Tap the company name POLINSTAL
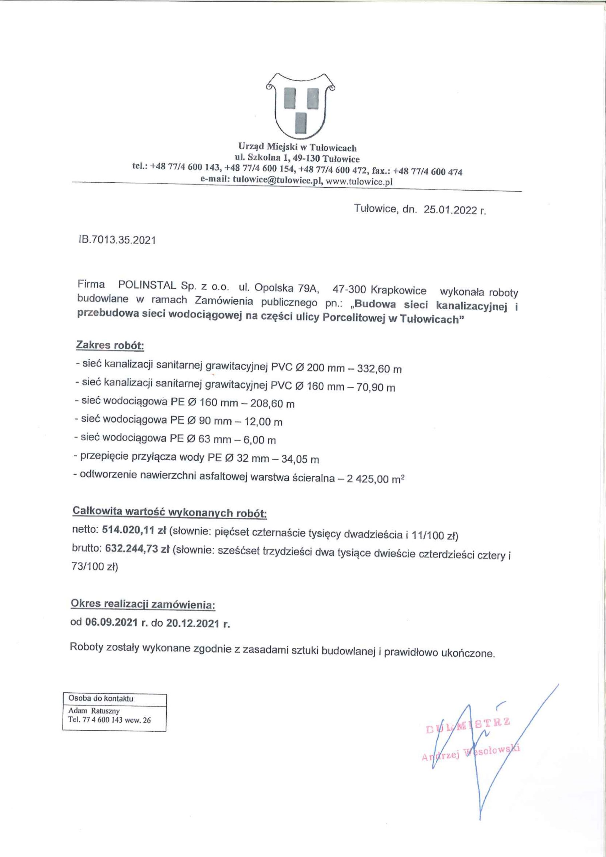pos(147,285)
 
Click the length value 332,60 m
pos(379,369)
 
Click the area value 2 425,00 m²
pos(376,479)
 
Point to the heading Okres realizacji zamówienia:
pos(143,605)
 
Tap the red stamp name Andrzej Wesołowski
pos(471,756)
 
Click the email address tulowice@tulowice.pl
pos(277,181)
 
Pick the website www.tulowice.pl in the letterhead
pos(359,182)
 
